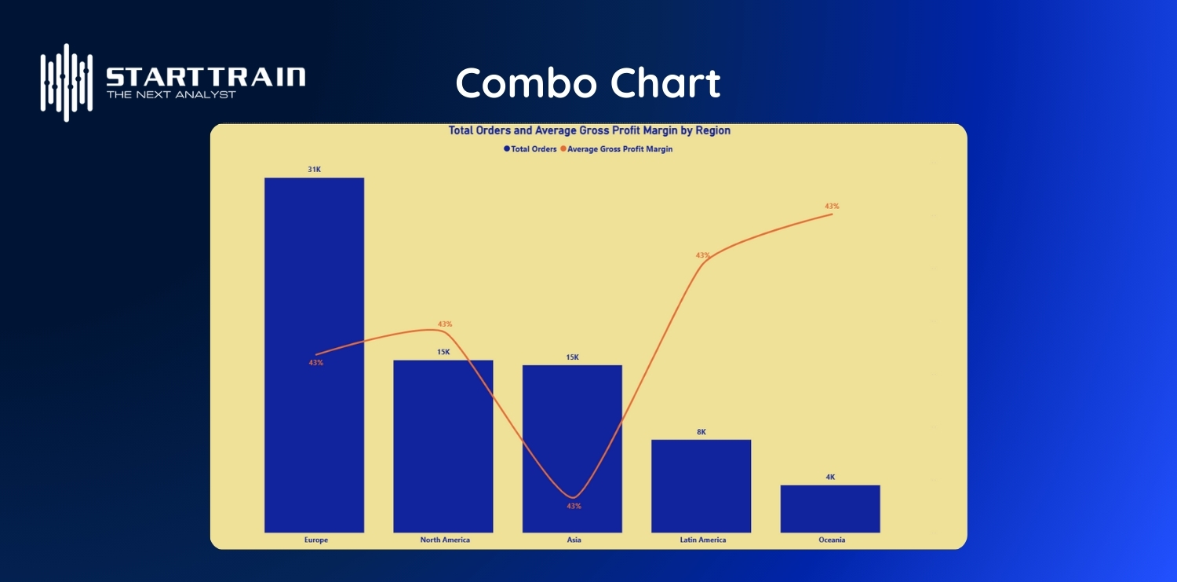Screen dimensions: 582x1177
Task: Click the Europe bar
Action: (314, 440)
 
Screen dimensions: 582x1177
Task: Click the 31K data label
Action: (314, 170)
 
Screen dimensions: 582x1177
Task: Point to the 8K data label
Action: (701, 432)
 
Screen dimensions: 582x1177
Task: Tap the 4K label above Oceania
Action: (829, 478)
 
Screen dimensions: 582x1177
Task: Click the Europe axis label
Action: (315, 540)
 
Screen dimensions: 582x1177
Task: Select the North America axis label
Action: (445, 540)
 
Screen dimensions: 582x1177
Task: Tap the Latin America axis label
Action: (702, 540)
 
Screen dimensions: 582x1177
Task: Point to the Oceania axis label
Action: (831, 540)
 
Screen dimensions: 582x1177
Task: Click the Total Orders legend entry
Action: (531, 149)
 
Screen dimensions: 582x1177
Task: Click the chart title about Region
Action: (589, 131)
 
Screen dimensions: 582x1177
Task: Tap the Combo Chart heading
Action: (588, 83)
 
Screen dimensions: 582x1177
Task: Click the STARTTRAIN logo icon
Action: (67, 82)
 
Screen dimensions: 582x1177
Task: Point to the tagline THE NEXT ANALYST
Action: (170, 94)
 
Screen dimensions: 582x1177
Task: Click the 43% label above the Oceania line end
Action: (832, 206)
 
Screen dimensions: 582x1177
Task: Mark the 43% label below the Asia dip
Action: (574, 507)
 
